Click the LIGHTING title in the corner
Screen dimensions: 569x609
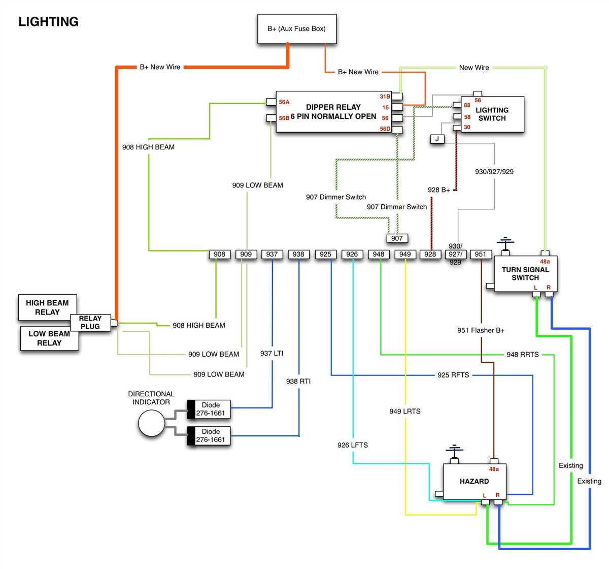coord(48,22)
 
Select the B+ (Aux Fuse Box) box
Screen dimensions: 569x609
coord(297,29)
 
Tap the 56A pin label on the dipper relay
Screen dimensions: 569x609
coord(284,102)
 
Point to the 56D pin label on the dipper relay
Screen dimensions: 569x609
coord(385,129)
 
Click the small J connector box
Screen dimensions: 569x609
coord(437,139)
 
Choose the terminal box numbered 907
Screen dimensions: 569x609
coord(397,238)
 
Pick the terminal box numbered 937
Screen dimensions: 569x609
coord(272,254)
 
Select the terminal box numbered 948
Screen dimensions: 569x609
coord(379,254)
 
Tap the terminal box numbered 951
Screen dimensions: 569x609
coord(480,254)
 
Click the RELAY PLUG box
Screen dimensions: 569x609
coord(90,322)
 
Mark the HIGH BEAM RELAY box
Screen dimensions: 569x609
coord(47,307)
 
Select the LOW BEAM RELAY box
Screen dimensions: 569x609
coord(49,338)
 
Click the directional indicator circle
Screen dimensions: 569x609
coord(152,423)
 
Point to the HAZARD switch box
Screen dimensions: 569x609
coord(474,481)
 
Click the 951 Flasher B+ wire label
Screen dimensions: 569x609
coord(481,330)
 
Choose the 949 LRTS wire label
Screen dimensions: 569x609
coord(404,411)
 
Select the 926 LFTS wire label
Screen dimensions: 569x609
coord(352,445)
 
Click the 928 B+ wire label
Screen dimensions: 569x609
coord(438,190)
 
